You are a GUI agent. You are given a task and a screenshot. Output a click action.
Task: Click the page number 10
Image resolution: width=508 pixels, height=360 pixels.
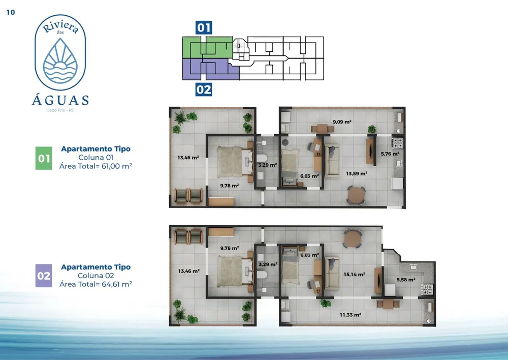coord(11,12)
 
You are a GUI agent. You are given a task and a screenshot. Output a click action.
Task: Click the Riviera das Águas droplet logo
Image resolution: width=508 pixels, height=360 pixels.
coord(60,61)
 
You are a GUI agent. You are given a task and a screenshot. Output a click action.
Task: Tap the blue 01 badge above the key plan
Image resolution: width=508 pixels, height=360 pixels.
coord(204,27)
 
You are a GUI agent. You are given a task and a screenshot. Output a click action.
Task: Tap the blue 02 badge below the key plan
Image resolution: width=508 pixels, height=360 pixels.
coord(204,89)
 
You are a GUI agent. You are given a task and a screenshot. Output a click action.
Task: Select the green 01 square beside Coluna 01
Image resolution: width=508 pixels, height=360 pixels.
coord(44,158)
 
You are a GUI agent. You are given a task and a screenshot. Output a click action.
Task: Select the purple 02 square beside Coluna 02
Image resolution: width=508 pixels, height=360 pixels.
coord(44,276)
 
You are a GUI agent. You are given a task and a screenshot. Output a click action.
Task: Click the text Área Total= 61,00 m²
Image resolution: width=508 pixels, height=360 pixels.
coord(96,166)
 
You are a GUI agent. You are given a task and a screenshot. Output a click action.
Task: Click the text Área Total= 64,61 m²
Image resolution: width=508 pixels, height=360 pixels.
coord(96,284)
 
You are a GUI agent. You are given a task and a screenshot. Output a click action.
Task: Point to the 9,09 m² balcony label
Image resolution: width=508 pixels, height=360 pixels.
coord(342,122)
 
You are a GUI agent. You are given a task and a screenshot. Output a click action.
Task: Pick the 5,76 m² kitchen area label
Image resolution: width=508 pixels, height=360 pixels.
coord(390,154)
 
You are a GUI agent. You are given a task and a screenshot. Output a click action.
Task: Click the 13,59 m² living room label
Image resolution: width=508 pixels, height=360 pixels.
coord(357,173)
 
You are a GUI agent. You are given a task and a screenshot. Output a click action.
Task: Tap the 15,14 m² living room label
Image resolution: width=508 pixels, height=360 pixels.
coord(355,275)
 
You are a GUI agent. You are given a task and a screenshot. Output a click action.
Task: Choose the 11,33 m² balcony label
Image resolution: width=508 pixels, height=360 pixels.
coord(350,315)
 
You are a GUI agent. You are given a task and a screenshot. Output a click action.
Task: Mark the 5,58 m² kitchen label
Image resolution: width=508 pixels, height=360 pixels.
coord(406,280)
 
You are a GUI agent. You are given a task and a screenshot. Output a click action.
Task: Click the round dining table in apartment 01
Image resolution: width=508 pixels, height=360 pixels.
coord(357,195)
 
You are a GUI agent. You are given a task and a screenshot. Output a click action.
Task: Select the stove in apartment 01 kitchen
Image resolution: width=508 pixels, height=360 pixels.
coord(398,143)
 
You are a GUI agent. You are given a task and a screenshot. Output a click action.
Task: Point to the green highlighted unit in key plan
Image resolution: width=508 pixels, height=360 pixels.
coord(207,47)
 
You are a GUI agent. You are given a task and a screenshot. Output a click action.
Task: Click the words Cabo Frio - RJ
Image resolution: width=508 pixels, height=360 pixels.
coord(60,110)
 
